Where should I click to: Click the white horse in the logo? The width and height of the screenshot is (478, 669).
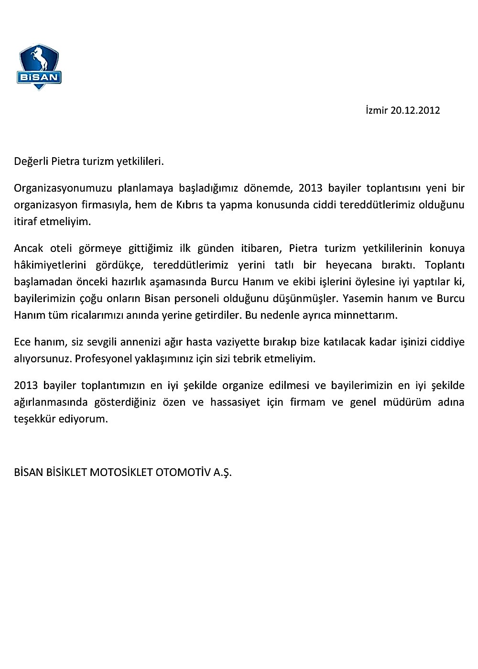[39, 60]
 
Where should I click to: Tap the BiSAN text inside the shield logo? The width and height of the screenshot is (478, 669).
[39, 77]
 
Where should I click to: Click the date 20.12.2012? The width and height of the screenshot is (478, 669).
[415, 110]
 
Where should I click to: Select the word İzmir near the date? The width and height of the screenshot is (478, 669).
[377, 110]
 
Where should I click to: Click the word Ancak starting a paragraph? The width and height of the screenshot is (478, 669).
[29, 248]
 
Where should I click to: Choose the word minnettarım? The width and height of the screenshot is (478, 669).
[371, 315]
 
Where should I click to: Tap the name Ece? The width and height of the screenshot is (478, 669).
[22, 342]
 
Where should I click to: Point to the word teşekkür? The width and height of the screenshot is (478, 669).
[33, 419]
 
